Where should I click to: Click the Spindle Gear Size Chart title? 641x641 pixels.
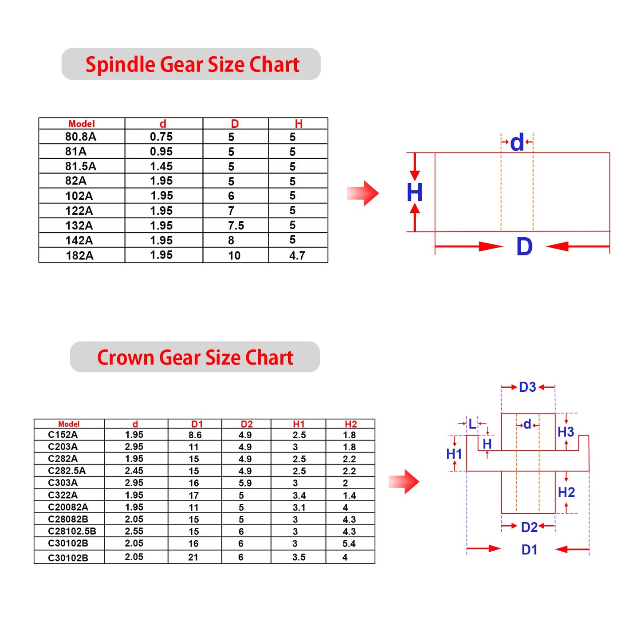click(x=192, y=64)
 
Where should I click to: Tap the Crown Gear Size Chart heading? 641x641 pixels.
click(x=195, y=357)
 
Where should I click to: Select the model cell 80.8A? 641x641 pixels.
click(x=81, y=137)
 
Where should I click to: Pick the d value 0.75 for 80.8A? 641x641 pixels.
click(x=161, y=137)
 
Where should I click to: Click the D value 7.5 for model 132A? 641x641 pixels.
click(x=236, y=226)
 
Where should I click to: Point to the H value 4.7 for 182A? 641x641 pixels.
click(x=297, y=256)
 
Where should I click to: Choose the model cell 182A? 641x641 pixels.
click(x=80, y=256)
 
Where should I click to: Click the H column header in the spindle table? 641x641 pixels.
click(x=299, y=124)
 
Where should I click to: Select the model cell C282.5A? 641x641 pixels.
click(x=67, y=471)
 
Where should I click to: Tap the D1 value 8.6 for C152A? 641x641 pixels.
click(x=195, y=435)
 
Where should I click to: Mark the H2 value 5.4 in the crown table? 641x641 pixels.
click(x=349, y=543)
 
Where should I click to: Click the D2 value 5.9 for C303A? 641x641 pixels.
click(x=245, y=483)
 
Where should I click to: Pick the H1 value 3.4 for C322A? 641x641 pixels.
click(x=299, y=495)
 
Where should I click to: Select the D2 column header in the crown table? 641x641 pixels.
click(x=247, y=424)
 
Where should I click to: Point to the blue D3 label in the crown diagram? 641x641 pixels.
click(x=527, y=387)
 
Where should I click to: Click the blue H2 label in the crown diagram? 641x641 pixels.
click(x=566, y=492)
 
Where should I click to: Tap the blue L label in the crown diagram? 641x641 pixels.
click(x=472, y=424)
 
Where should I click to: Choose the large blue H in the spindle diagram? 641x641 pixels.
click(x=414, y=193)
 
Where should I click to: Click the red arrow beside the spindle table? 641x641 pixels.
click(x=363, y=193)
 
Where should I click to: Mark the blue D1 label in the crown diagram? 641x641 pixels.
click(x=529, y=550)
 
